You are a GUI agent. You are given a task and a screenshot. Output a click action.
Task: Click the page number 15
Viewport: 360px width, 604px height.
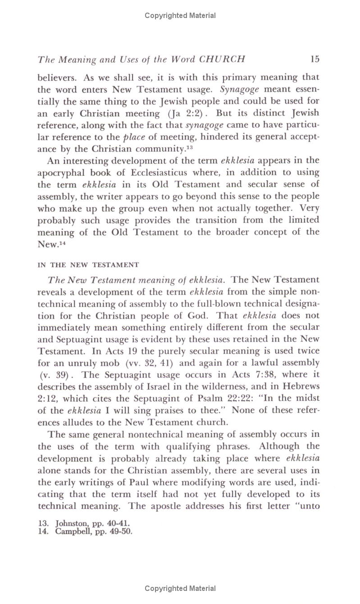[x=314, y=59]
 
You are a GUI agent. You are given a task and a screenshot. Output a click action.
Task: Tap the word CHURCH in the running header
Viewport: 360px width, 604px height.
[x=222, y=59]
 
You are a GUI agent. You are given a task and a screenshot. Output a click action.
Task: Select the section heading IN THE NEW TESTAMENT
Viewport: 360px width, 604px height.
[x=88, y=265]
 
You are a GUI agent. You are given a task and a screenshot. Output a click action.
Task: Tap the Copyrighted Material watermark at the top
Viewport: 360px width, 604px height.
[x=180, y=16]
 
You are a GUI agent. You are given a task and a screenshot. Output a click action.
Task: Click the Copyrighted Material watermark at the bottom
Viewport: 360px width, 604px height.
[x=180, y=588]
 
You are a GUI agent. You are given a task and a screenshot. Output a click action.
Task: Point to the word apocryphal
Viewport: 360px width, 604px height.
[x=63, y=173]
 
